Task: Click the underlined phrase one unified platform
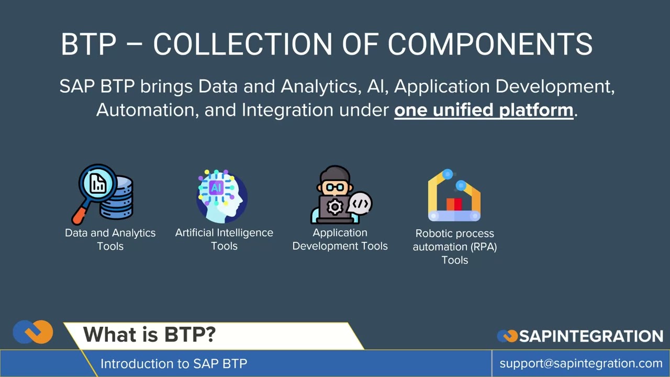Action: [484, 110]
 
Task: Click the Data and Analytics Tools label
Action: [110, 239]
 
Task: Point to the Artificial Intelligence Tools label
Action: [224, 239]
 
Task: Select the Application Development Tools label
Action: [340, 239]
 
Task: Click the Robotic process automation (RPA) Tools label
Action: [454, 247]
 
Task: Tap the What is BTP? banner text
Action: [149, 335]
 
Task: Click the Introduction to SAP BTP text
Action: [173, 363]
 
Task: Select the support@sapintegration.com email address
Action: [581, 363]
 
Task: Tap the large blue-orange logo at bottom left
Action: [33, 332]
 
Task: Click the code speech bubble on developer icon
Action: [361, 203]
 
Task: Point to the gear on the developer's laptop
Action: [334, 207]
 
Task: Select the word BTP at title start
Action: [88, 44]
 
